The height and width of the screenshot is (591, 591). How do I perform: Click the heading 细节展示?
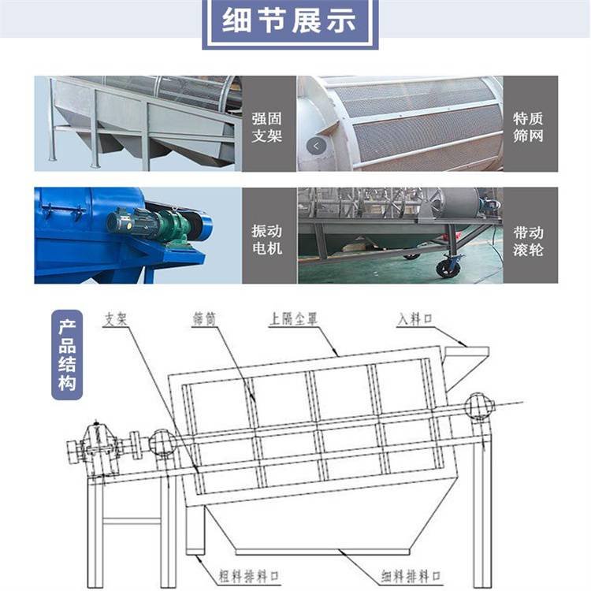tap(289, 20)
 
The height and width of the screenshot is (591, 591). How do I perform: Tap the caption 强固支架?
tap(267, 127)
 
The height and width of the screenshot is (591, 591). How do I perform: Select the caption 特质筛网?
tap(528, 127)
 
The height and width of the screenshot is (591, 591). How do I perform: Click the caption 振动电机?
tap(267, 240)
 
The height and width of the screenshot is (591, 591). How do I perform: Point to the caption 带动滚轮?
tap(528, 241)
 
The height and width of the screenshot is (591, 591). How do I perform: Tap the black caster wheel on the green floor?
tap(448, 266)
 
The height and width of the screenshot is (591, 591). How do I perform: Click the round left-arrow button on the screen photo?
tap(316, 146)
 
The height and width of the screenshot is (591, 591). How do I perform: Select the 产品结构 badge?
tap(67, 355)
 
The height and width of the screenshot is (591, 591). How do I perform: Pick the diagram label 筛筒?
tap(204, 319)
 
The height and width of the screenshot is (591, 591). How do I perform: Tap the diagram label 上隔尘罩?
tap(293, 319)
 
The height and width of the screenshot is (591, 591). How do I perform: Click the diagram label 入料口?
tap(414, 319)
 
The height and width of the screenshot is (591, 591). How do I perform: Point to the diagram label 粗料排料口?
tap(249, 576)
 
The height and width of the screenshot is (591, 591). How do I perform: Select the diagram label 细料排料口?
tap(411, 576)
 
